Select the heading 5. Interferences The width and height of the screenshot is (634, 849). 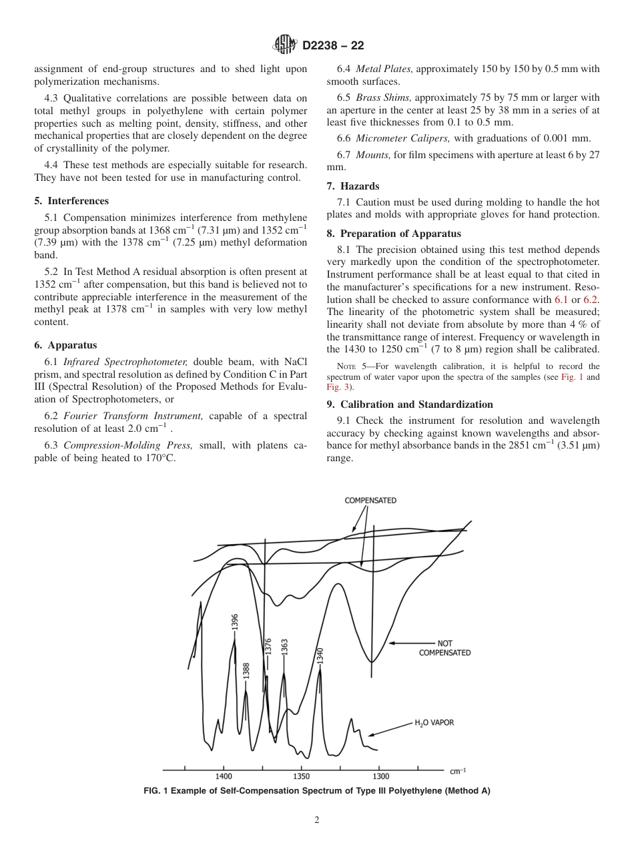click(x=71, y=201)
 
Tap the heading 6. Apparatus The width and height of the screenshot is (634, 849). click(x=65, y=345)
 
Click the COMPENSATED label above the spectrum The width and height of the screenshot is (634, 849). click(x=370, y=500)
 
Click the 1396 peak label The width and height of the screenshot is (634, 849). click(x=234, y=622)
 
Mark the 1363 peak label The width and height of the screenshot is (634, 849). click(x=284, y=647)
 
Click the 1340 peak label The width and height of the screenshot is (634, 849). click(x=320, y=655)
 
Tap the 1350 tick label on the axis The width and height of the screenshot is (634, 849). click(x=301, y=776)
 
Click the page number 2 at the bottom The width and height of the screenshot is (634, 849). click(x=317, y=820)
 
